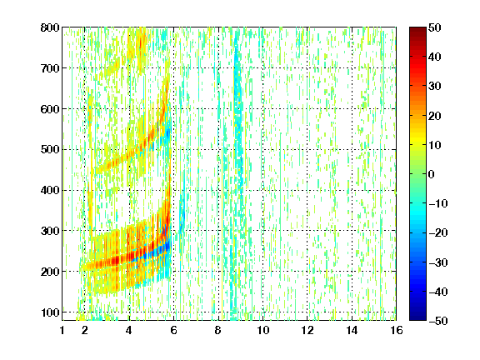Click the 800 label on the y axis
tap(50, 27)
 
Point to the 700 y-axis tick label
tap(50, 68)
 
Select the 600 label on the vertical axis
tap(50, 109)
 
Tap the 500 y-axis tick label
tap(50, 150)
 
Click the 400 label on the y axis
tap(50, 190)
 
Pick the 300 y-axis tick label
tap(50, 231)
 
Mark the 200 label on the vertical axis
tap(50, 272)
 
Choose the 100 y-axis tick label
tap(50, 312)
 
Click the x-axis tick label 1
tap(62, 330)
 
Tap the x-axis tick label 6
tap(174, 330)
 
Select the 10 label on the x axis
tap(263, 330)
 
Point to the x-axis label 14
tap(352, 330)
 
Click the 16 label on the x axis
tap(397, 330)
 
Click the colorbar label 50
tap(435, 27)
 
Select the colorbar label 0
tap(432, 174)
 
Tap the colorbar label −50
tap(438, 321)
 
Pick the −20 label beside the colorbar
tap(438, 233)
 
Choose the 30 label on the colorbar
tap(435, 87)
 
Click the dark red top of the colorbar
tap(417, 30)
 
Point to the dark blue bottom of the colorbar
tap(417, 317)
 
